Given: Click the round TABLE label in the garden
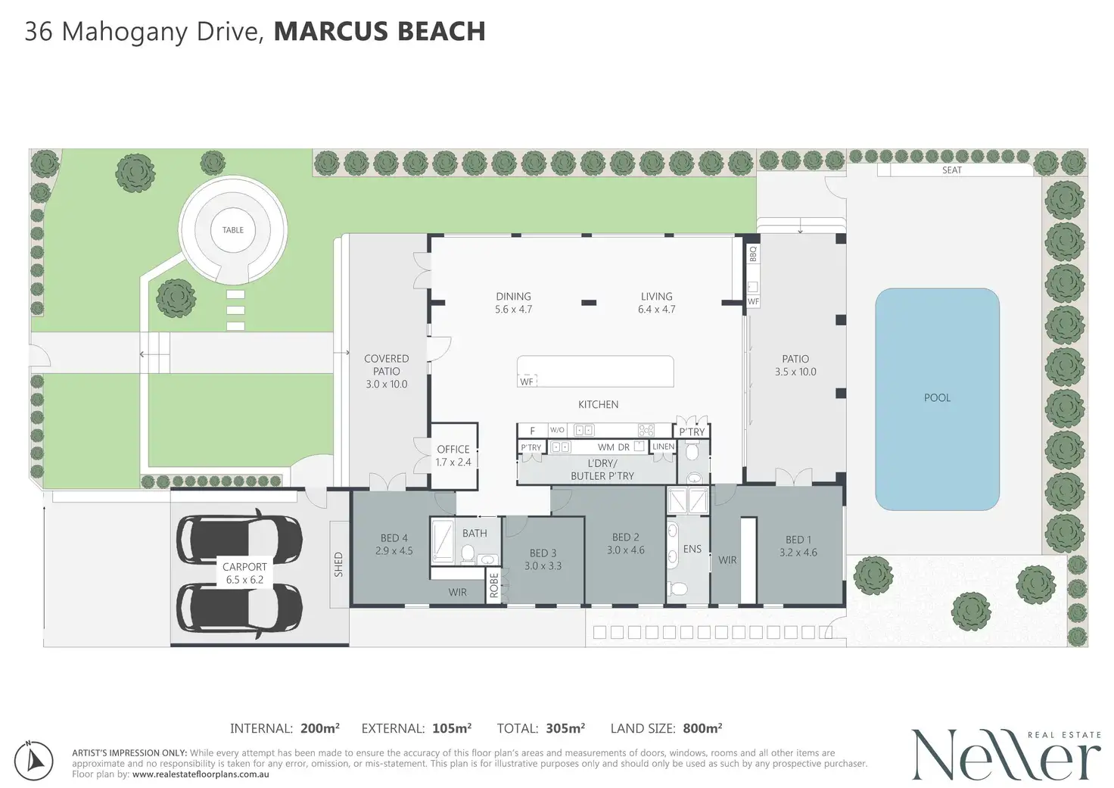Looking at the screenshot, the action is (233, 230).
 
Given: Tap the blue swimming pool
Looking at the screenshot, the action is (937, 399).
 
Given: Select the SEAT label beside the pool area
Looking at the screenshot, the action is (952, 170).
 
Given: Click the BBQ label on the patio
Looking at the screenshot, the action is (753, 254).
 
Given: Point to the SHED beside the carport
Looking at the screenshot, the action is (339, 564).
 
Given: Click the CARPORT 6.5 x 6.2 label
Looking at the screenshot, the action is (244, 573).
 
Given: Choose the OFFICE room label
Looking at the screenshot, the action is (453, 449).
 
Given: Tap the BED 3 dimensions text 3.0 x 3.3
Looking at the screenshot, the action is (543, 565).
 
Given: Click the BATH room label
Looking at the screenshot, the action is (475, 534).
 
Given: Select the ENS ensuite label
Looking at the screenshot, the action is (692, 549).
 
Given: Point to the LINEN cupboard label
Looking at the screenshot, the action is (664, 447).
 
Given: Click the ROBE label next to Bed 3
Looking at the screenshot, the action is (494, 585).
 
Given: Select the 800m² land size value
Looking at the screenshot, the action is (702, 728).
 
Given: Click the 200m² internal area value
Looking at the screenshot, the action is (320, 728).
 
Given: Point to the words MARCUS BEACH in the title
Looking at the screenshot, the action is (379, 31).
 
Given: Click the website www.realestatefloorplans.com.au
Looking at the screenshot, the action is (201, 774).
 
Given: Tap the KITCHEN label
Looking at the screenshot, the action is (599, 404).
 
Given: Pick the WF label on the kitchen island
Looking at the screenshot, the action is (526, 382).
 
